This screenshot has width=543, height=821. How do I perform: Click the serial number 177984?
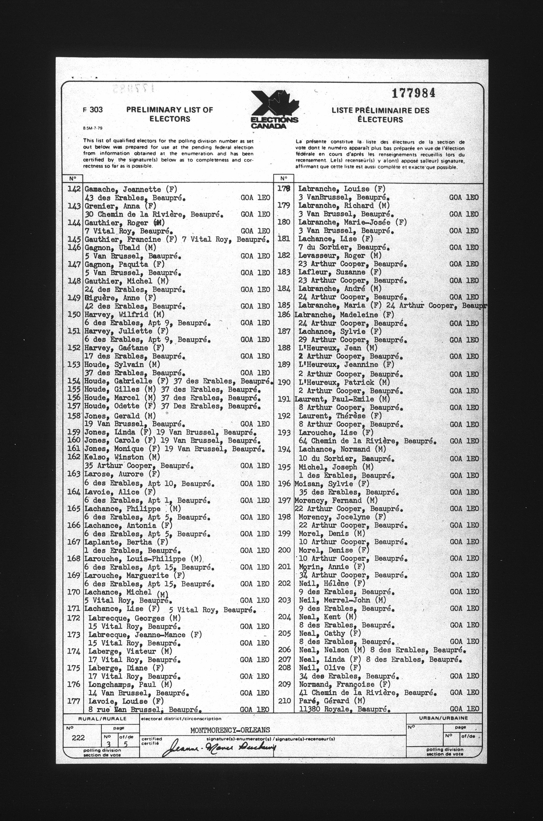(x=413, y=94)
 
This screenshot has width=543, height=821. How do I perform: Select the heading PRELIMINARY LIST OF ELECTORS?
(x=169, y=114)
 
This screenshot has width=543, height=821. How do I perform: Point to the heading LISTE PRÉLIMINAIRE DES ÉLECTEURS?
(x=380, y=115)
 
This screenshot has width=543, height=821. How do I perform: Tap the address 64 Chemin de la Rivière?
(x=367, y=441)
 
